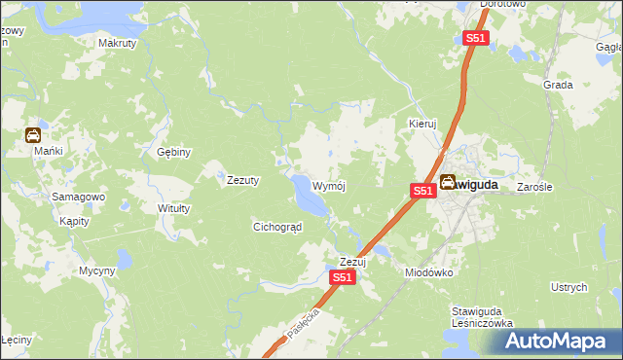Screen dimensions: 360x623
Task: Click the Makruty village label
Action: coord(117,43)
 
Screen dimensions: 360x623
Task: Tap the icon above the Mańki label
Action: coord(32,136)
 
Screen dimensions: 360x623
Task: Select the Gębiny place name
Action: coord(174,152)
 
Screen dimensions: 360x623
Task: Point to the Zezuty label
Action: coord(242,180)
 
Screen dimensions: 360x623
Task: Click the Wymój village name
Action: coord(330,185)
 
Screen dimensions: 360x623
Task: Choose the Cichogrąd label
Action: coord(277,227)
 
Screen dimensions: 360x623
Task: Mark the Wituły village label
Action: coord(173,208)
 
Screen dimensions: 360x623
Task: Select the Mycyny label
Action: coord(97,270)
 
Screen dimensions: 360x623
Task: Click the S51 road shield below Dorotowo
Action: coord(475,38)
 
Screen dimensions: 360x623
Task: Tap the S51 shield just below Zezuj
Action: coord(342,277)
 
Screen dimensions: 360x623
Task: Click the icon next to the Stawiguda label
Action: coord(448,182)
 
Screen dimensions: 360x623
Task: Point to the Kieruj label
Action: coord(422,125)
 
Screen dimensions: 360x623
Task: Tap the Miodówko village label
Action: coord(429,272)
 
